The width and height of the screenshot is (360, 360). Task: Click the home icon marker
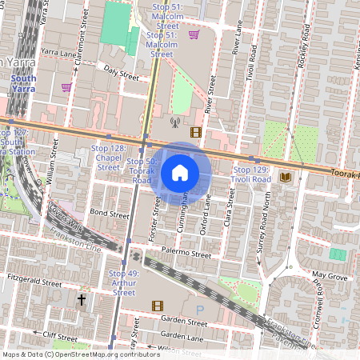[180, 173]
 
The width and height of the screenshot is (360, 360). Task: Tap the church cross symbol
[81, 300]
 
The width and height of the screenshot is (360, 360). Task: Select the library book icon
[286, 176]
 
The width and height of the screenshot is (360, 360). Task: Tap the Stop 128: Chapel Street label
[108, 158]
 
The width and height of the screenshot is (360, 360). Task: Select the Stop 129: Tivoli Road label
[251, 175]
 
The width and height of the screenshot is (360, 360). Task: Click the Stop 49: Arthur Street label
[124, 283]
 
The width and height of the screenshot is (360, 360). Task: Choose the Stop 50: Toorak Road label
[142, 171]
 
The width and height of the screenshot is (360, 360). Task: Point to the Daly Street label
[121, 78]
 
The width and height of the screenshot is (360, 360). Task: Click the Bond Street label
[109, 214]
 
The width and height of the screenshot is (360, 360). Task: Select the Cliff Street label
[59, 336]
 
